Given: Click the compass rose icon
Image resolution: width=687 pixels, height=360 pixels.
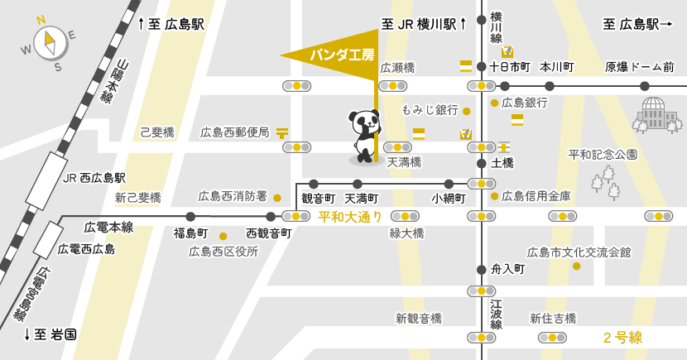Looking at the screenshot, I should pyautogui.click(x=49, y=41).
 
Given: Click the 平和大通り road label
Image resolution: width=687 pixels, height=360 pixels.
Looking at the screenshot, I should pyautogui.click(x=350, y=217).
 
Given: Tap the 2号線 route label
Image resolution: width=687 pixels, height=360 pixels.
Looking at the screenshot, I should pyautogui.click(x=622, y=338).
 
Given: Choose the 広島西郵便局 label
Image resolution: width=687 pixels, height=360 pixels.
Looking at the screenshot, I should pyautogui.click(x=234, y=132).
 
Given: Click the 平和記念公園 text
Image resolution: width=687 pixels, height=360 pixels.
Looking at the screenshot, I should pyautogui.click(x=603, y=155).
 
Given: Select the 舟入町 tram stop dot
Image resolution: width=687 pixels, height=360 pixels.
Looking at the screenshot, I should pyautogui.click(x=482, y=269).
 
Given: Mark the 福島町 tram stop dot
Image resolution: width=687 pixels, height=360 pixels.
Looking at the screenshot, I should pyautogui.click(x=190, y=217).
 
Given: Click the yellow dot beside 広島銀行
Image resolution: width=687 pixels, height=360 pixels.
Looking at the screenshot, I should pyautogui.click(x=494, y=103).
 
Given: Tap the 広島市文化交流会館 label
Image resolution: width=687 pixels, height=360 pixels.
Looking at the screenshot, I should pyautogui.click(x=579, y=252).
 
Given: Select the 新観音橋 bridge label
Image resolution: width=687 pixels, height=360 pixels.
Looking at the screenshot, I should pyautogui.click(x=418, y=318).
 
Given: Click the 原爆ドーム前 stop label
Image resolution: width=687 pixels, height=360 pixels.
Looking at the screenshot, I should pyautogui.click(x=639, y=67).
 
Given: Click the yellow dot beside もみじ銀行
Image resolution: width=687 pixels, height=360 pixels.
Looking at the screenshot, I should pyautogui.click(x=467, y=111).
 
